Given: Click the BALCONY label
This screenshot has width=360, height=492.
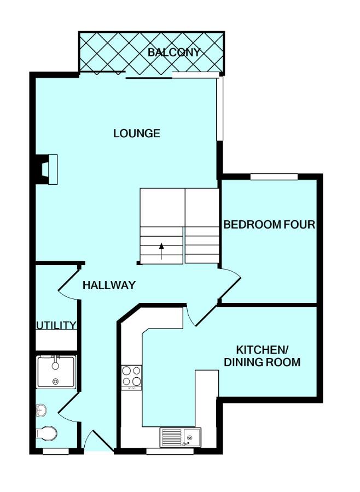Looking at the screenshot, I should (x=174, y=52).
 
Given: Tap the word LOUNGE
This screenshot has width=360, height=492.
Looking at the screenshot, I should (x=137, y=133).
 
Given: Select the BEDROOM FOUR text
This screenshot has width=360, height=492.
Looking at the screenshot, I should (x=269, y=225).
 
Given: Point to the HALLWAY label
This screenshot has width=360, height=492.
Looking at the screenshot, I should (x=109, y=285).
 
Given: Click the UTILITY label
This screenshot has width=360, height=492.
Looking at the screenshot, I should (x=56, y=326).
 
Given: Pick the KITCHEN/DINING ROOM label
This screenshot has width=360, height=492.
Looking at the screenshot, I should (x=268, y=356).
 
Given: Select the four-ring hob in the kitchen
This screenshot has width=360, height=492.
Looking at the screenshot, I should (x=131, y=377).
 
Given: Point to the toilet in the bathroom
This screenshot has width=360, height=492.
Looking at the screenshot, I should (x=47, y=434).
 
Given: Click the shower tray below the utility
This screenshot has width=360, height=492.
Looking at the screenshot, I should (x=56, y=371).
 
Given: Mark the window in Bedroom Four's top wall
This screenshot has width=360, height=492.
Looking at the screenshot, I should (x=274, y=177).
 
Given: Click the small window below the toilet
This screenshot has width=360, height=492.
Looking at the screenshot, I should (x=56, y=452).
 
